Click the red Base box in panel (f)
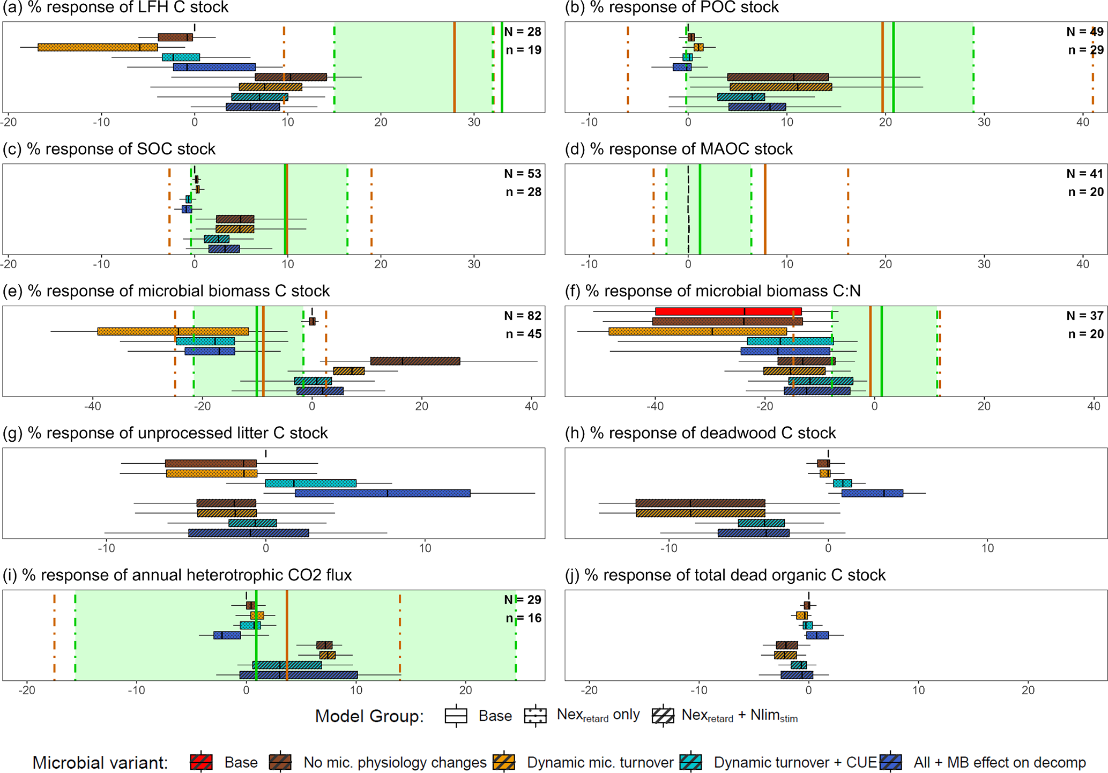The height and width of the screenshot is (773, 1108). pos(728,311)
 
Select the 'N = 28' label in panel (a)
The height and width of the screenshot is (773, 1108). pos(523,32)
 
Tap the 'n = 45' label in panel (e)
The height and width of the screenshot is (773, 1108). pos(523,334)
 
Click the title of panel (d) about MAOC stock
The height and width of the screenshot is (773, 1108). pos(679,149)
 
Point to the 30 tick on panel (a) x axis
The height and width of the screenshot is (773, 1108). pos(474,122)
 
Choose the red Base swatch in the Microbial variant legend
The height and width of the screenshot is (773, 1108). pos(201,762)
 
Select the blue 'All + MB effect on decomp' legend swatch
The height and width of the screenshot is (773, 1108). pos(891,762)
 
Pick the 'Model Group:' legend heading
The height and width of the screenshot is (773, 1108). pos(369,716)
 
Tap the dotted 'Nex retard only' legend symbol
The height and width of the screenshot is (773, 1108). pos(536,716)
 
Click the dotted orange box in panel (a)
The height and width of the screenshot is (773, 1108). pos(98,47)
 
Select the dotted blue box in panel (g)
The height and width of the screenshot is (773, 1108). pos(382,493)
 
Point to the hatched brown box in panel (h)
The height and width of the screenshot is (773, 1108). pos(700,503)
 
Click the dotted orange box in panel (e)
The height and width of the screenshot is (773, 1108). pos(173,331)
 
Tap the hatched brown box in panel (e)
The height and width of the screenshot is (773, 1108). pos(415,361)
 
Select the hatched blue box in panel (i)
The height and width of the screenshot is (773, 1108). pos(298,675)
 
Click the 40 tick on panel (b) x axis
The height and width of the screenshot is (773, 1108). pos(1083,122)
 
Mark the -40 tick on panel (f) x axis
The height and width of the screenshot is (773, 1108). pos(655,406)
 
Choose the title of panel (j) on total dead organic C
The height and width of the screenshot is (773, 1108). pos(725,575)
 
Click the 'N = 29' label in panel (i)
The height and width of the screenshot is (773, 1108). pos(523,600)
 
